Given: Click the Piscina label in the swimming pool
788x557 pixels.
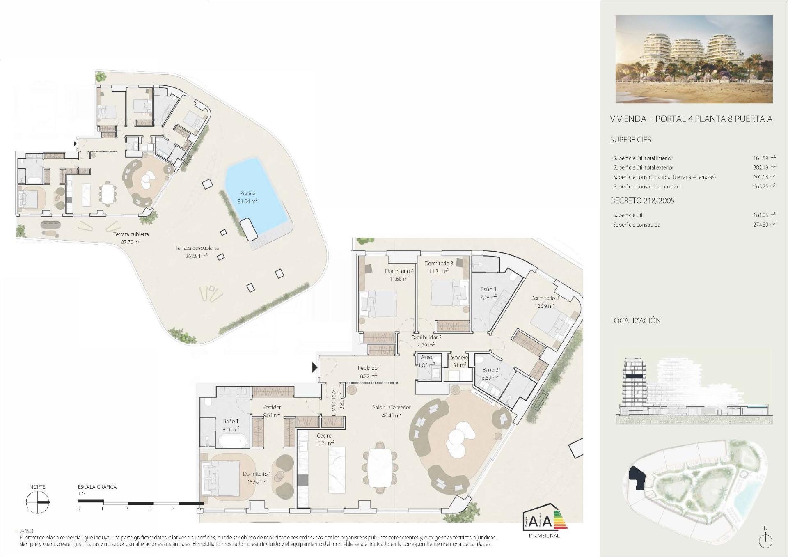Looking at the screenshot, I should coord(247,193).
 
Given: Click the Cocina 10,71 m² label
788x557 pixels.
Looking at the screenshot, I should coord(324,439).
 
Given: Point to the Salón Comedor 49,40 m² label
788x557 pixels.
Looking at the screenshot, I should coord(392,411).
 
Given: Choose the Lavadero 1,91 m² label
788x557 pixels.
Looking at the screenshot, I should coord(458,361).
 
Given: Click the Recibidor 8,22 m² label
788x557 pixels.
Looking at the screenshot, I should coord(368,371).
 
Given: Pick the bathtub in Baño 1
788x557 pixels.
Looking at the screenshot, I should coord(232,442).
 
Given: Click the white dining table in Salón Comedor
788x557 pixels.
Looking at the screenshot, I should coord(380,467).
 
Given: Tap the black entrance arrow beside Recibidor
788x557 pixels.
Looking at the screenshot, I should coord(315,367).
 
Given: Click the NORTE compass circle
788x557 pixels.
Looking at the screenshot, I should coord(37,502).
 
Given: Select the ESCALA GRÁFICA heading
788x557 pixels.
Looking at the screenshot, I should coord(97,487).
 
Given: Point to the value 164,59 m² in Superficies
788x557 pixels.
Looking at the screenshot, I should coord(764,158).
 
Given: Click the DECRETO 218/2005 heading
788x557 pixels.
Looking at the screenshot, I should coord(642,201).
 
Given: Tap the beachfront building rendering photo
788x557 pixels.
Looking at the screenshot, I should coord(694,59).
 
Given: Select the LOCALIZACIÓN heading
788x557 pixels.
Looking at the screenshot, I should coord(635,321).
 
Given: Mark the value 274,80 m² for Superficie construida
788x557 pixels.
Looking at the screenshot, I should coord(764,225).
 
